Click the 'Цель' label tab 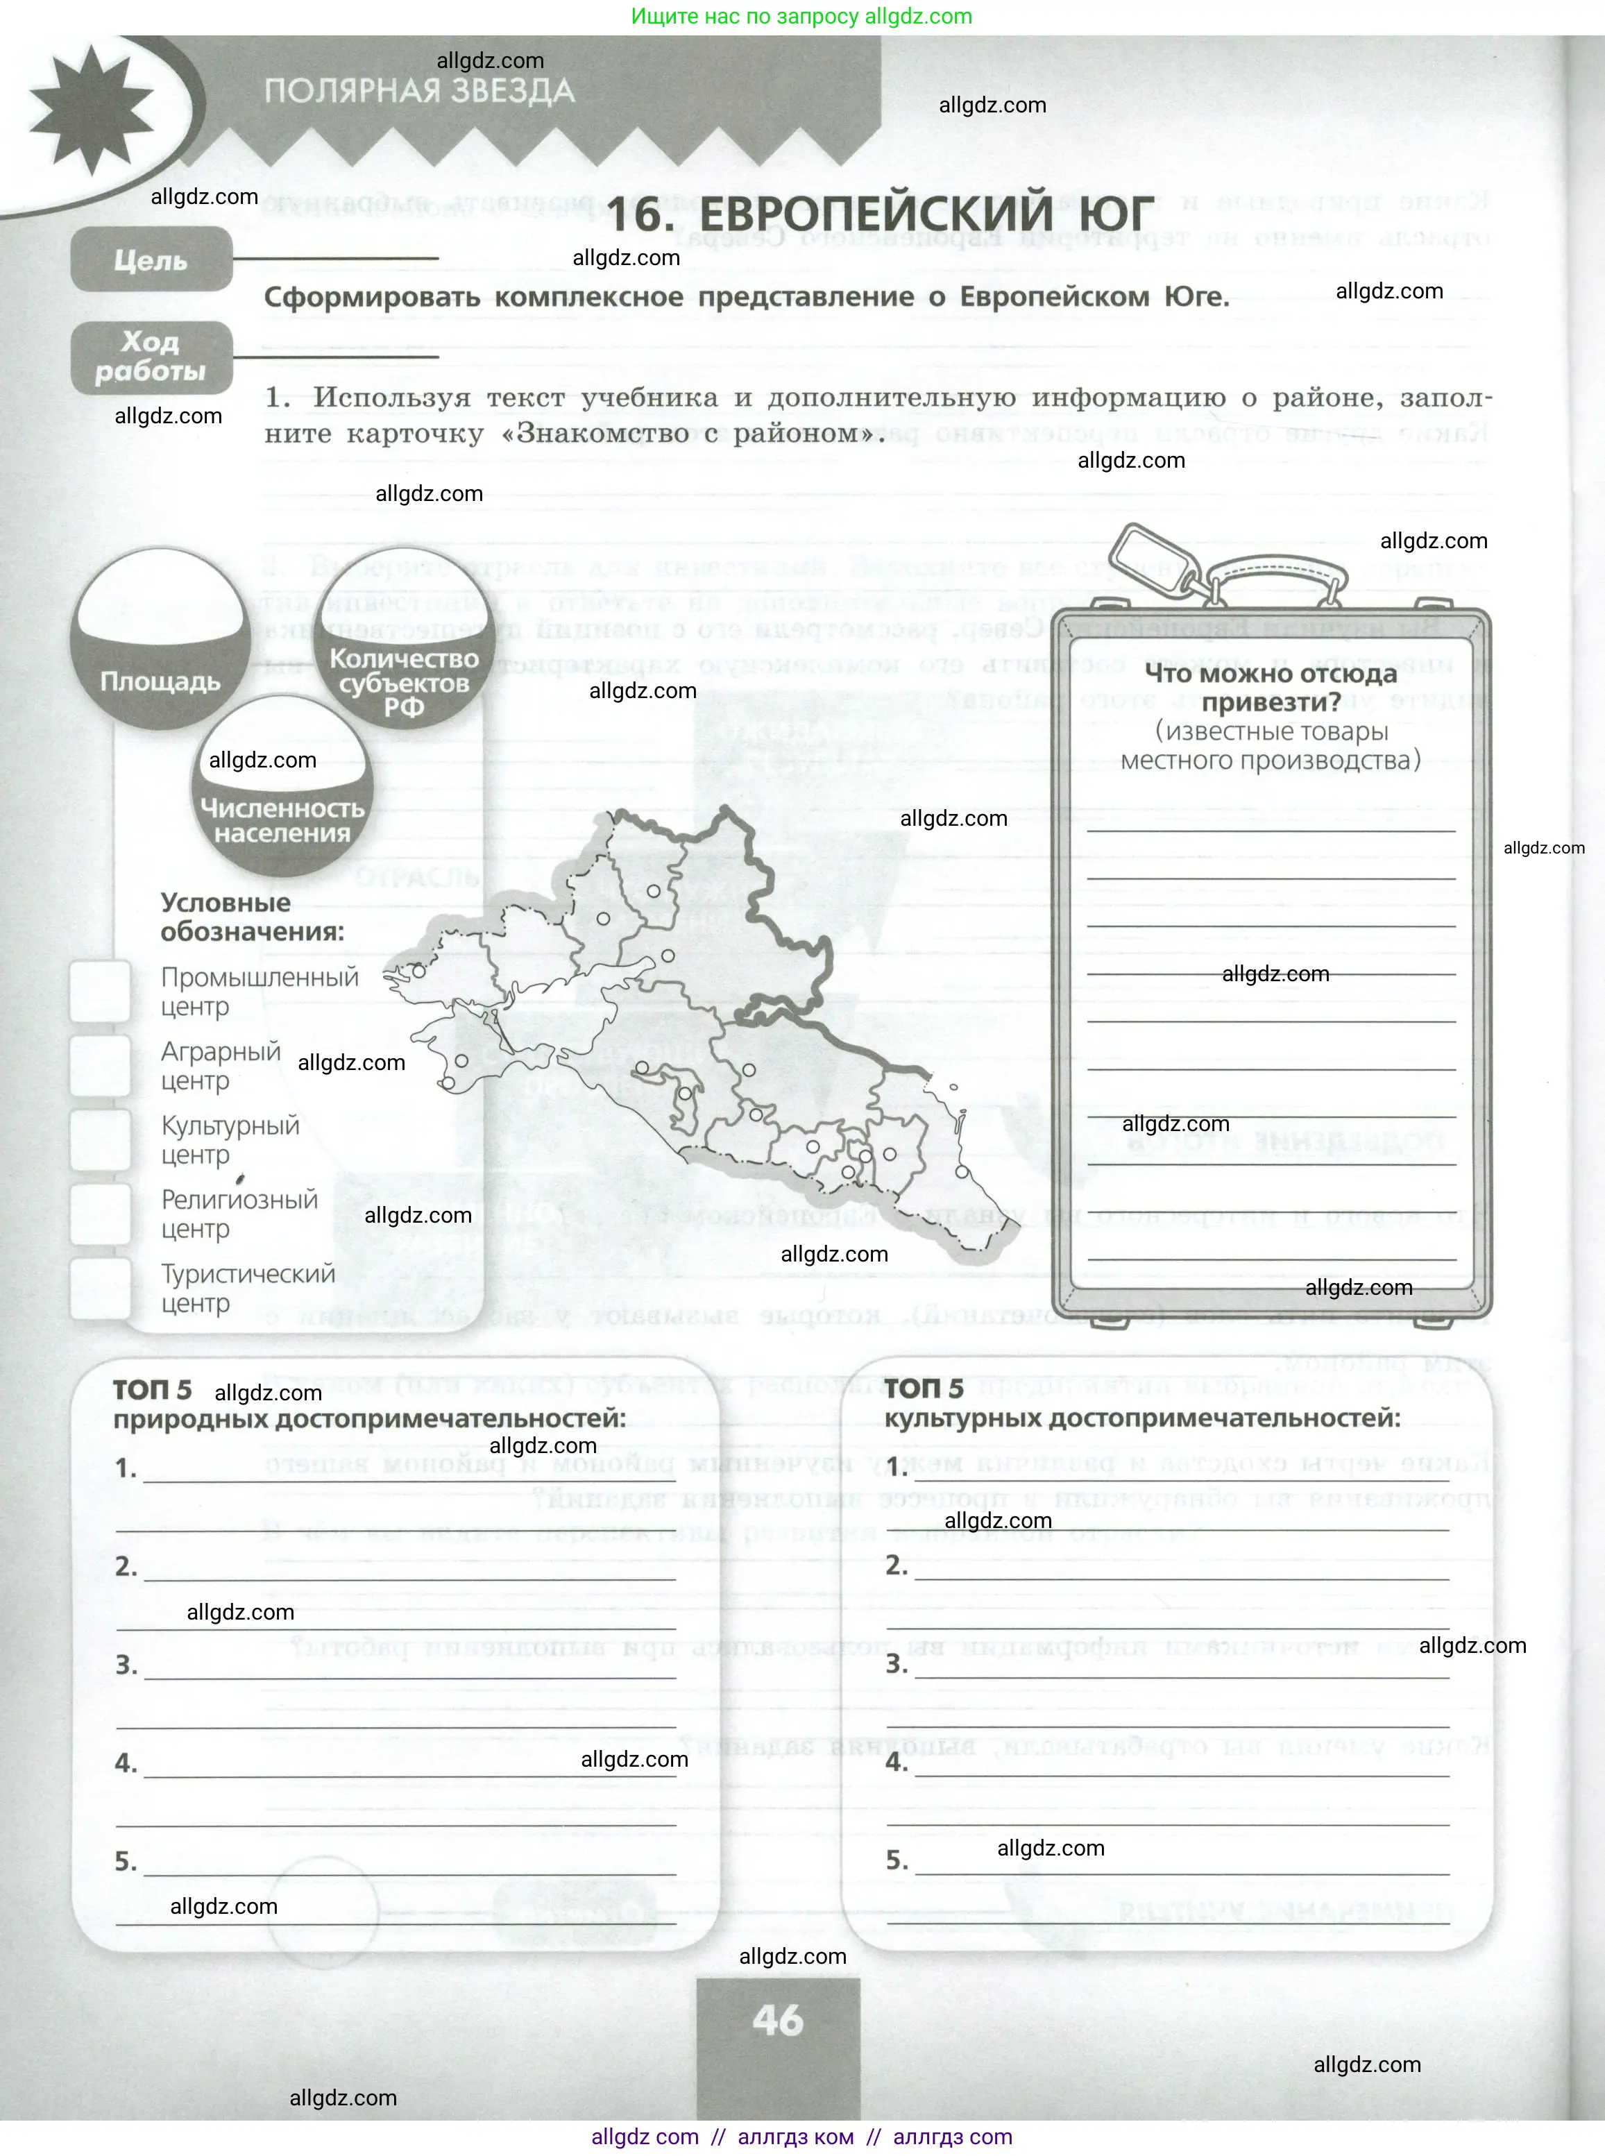point(151,260)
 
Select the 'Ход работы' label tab point(151,357)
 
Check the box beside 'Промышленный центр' point(100,991)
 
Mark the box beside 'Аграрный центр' point(100,1065)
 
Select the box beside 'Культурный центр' point(100,1139)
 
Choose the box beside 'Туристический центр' point(100,1287)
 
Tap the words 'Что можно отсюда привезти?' point(1270,687)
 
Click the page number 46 point(777,2020)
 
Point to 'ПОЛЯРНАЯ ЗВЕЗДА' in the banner point(420,92)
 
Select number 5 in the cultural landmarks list point(897,1860)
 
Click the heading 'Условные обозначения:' point(252,916)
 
